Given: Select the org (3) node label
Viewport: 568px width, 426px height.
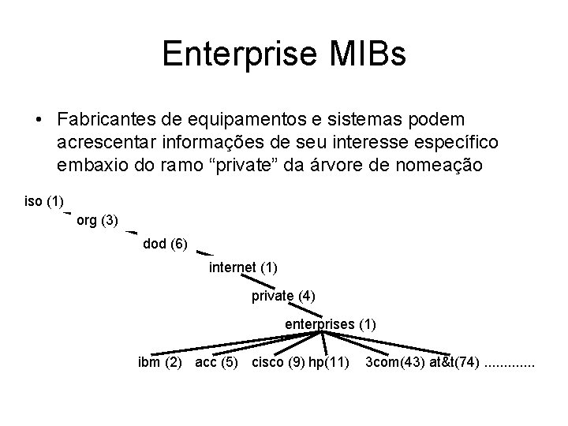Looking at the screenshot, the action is (x=98, y=221).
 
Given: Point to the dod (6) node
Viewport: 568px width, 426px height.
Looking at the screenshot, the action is (x=165, y=244).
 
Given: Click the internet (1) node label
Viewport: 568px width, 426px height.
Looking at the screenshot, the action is (x=243, y=267).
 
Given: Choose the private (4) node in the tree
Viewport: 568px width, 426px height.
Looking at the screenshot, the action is (x=283, y=296).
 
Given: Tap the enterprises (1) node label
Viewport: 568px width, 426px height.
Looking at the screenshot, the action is (x=331, y=323).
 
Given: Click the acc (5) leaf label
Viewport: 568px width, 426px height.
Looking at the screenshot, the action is (x=217, y=363).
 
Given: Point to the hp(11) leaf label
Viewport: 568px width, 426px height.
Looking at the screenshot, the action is (x=329, y=363).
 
